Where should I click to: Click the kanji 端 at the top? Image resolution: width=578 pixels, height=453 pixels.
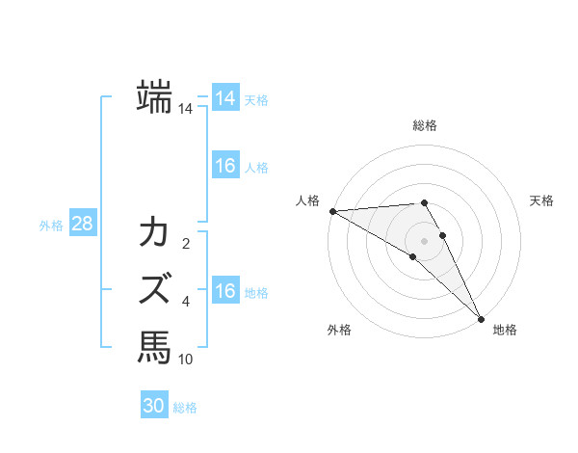click(x=154, y=97)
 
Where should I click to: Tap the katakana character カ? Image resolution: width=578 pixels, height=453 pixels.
click(x=154, y=232)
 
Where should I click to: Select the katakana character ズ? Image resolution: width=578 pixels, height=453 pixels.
click(x=154, y=288)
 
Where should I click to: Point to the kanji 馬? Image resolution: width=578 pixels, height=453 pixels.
click(x=154, y=346)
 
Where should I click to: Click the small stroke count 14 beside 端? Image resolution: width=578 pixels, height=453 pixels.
click(x=186, y=109)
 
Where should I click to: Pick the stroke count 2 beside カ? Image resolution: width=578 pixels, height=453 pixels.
click(x=186, y=243)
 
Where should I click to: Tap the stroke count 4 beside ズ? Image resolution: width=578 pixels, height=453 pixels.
click(x=186, y=302)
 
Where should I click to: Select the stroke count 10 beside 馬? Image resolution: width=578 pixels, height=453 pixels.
click(x=186, y=359)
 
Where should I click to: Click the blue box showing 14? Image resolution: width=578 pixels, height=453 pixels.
click(x=225, y=98)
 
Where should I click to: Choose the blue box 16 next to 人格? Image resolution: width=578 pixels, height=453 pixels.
click(x=225, y=166)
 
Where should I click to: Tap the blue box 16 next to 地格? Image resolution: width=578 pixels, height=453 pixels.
click(x=225, y=291)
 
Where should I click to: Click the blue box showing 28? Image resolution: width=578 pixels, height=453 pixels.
click(x=82, y=224)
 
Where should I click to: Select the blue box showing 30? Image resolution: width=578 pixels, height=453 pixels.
click(x=154, y=406)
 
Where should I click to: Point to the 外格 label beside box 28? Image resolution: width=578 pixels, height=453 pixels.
click(x=51, y=226)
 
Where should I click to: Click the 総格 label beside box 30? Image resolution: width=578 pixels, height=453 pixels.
click(x=185, y=408)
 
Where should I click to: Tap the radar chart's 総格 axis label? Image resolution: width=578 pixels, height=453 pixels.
click(x=424, y=126)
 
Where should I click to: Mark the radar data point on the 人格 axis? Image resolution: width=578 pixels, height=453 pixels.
click(x=332, y=210)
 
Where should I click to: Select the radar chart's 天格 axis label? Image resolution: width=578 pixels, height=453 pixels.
click(x=541, y=200)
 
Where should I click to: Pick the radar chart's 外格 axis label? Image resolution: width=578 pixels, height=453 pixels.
click(x=339, y=330)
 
